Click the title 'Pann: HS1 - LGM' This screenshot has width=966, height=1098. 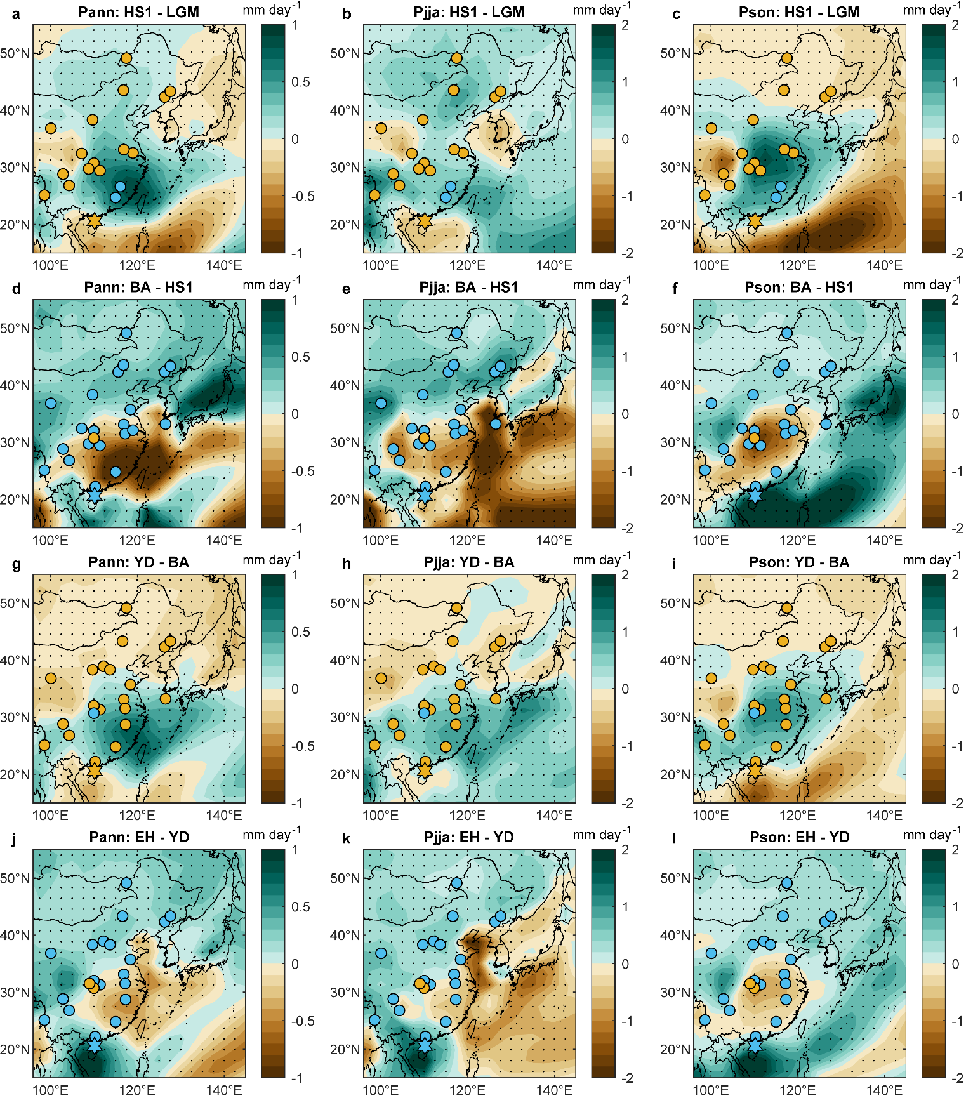pos(138,12)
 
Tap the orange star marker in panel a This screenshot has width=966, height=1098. pos(95,221)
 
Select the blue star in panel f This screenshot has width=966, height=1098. pos(755,496)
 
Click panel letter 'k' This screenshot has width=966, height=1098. pos(346,838)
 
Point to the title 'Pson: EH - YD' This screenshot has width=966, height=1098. pos(799,837)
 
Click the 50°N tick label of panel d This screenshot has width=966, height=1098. pos(15,328)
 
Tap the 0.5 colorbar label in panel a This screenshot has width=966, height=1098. pos(301,82)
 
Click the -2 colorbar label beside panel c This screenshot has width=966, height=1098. pos(956,253)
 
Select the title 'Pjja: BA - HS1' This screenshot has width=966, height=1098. pos(468,288)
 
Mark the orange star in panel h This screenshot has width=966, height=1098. pos(425,771)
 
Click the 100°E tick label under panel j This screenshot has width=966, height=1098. pos(50,1090)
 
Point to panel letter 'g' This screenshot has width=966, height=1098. pos(16,564)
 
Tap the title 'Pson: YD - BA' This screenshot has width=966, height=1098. pos(799,562)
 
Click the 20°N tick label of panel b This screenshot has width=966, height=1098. pos(345,225)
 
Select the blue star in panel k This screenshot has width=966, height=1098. pos(425,1045)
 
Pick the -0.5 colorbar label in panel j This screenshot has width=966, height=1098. pos(302,1021)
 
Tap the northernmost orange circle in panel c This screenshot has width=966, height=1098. pos(787,58)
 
